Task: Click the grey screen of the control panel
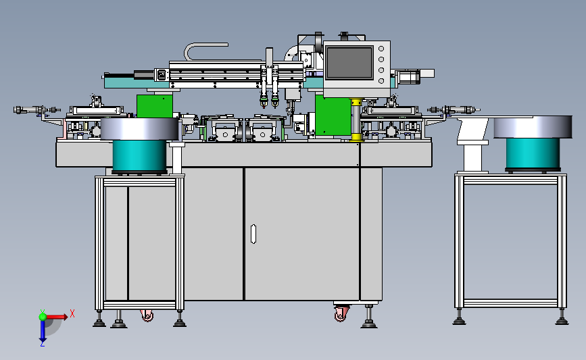350,63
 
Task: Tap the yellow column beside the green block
356,120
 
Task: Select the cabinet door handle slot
253,234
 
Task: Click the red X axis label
72,313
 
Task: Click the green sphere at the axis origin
43,317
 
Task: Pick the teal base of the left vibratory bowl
139,156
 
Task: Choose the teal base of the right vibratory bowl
533,153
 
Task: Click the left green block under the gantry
155,106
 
